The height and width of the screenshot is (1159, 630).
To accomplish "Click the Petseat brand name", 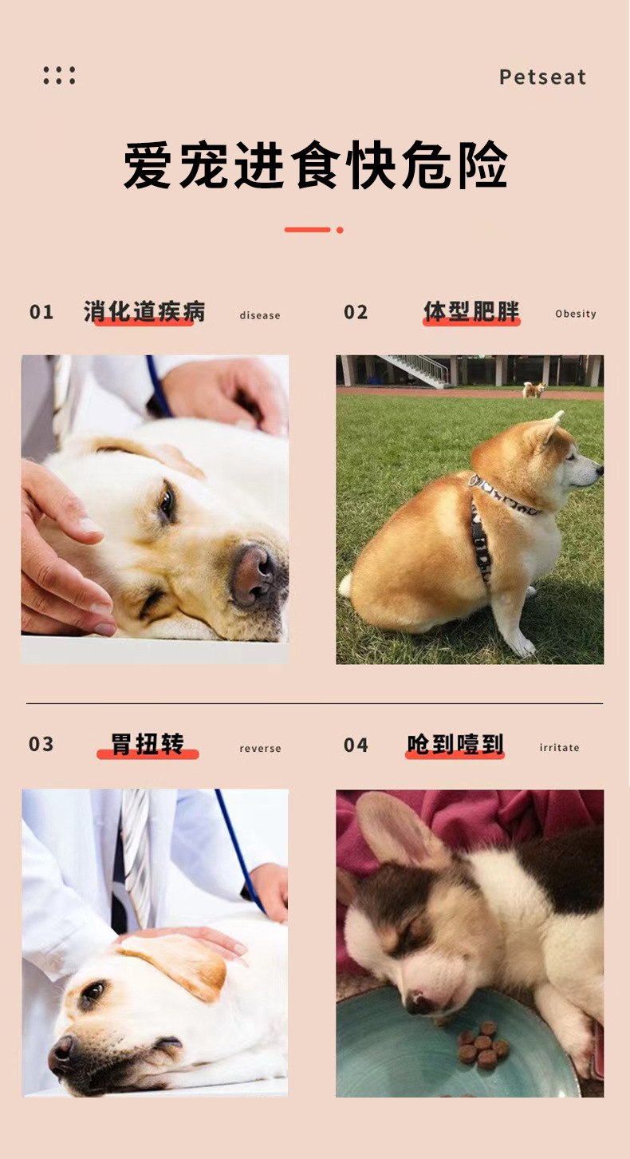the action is [x=542, y=77].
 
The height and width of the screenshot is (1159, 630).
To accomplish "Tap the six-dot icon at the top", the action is [x=60, y=76].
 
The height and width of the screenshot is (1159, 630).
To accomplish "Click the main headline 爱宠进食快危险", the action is [x=315, y=165].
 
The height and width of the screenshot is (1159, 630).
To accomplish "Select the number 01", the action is [x=41, y=313].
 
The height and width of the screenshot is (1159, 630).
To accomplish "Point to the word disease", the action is [x=260, y=315].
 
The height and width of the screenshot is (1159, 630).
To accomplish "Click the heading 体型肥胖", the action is [x=471, y=311].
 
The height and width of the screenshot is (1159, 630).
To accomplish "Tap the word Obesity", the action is [x=576, y=314].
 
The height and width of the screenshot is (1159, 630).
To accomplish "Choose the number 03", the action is [x=41, y=744].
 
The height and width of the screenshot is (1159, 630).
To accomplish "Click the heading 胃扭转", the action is [x=148, y=745].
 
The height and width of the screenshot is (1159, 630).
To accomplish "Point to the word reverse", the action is [x=261, y=748].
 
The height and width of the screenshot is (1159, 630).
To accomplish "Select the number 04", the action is [x=356, y=745].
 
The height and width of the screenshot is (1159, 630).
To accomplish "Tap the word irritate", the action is [x=559, y=747].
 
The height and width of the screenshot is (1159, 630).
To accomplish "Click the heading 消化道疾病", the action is [x=144, y=311].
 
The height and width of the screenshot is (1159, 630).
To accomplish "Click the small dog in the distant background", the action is [x=534, y=390].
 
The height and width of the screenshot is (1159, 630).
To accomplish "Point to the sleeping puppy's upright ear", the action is [x=393, y=829].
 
